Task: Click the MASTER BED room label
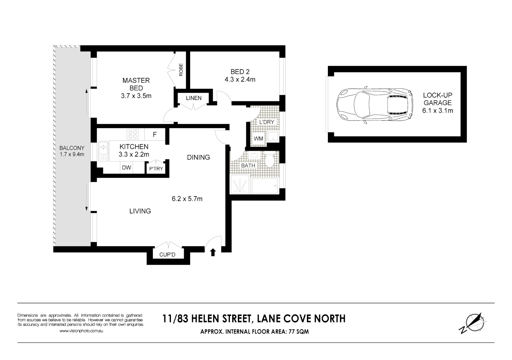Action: (x=136, y=84)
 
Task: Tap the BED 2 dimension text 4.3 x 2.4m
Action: (x=240, y=80)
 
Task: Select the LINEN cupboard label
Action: (x=194, y=98)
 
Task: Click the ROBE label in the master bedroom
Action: (x=181, y=70)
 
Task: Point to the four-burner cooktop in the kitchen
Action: (x=132, y=134)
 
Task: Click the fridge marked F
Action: (x=155, y=135)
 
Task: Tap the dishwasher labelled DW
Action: (x=126, y=168)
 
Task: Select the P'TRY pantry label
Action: (x=156, y=169)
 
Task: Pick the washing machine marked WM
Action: (x=258, y=139)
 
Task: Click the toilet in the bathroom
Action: (x=270, y=161)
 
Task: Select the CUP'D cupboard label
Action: (x=167, y=255)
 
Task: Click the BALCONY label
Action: (x=72, y=148)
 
